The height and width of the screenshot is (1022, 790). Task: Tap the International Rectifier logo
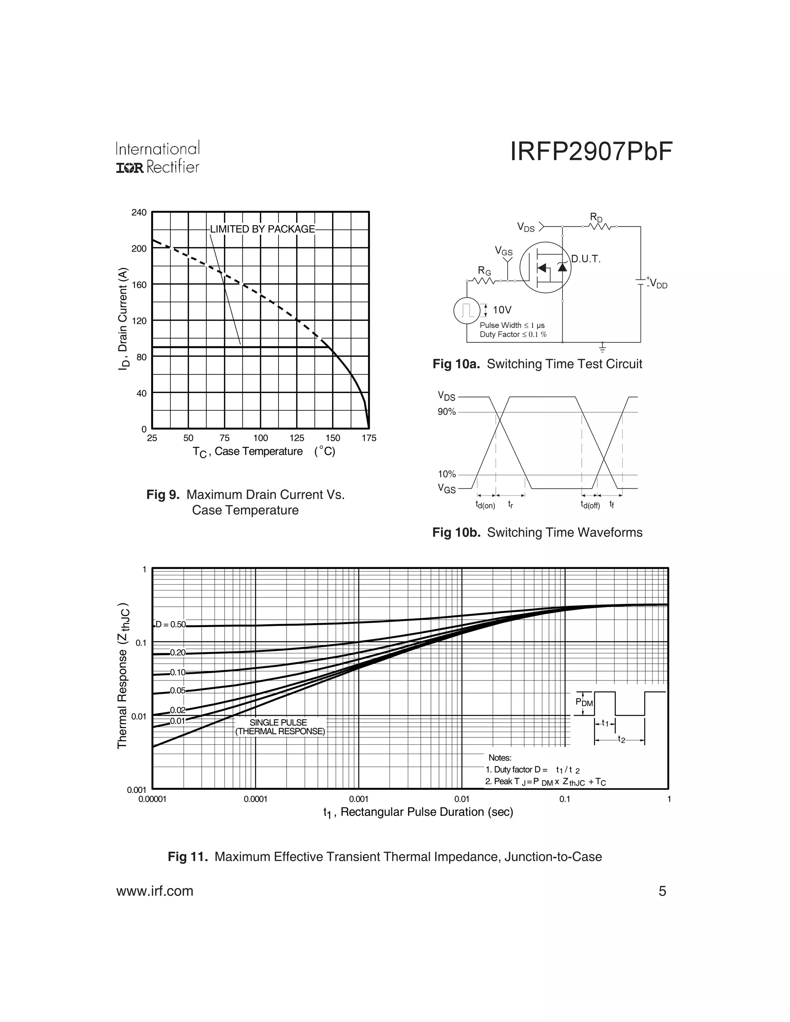[x=158, y=158]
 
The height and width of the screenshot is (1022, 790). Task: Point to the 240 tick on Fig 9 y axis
[x=139, y=212]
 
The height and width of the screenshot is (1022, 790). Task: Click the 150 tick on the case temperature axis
[x=333, y=438]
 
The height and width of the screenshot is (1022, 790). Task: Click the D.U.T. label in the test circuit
[x=586, y=259]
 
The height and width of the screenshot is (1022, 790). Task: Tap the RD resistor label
[x=596, y=218]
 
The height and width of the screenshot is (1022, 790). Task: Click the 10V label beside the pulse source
[x=502, y=310]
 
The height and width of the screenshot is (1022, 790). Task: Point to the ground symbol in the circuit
[x=602, y=347]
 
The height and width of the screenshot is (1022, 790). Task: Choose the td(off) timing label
[x=590, y=505]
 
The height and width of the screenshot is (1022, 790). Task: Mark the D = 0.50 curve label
[x=170, y=625]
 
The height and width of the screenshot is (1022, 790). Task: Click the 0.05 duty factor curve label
[x=177, y=691]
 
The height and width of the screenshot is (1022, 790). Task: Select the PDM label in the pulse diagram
[x=584, y=702]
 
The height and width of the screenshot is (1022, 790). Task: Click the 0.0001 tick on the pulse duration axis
[x=255, y=799]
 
